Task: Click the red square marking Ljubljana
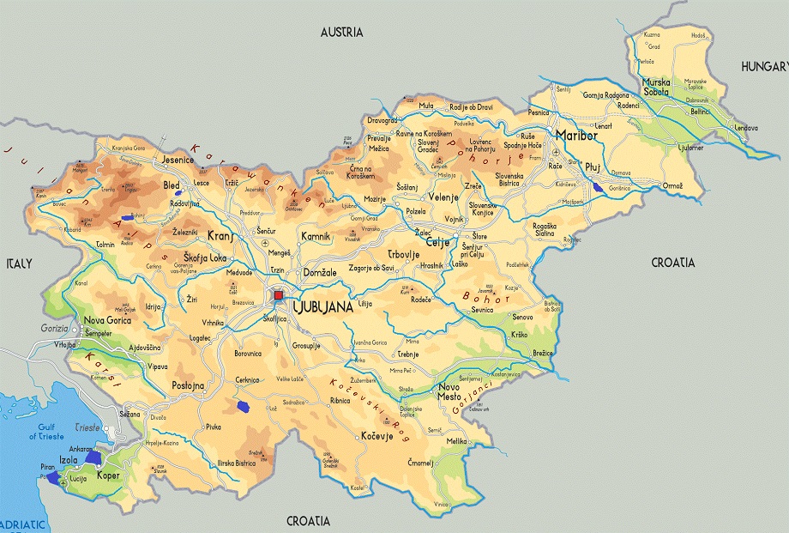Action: [278, 295]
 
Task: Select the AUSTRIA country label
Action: [342, 33]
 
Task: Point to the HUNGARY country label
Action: [764, 66]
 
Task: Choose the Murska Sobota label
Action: [658, 88]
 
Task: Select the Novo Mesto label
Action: [455, 391]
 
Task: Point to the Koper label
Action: [108, 475]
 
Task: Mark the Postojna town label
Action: [188, 385]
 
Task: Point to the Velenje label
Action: [444, 197]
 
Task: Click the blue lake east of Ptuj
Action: [597, 185]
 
